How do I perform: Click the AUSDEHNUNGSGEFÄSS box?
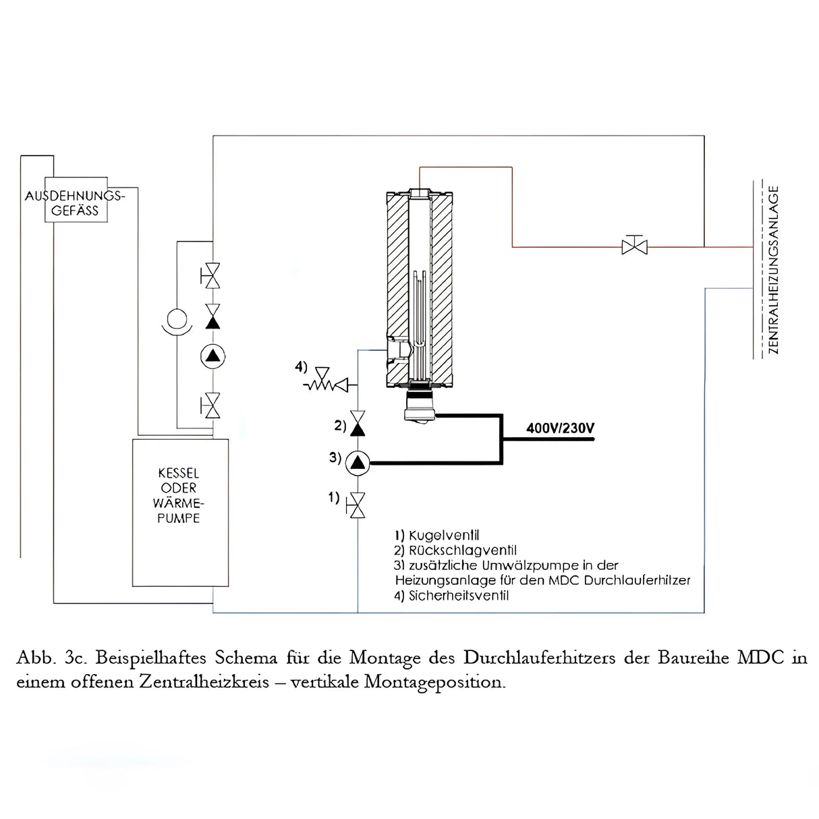[76, 201]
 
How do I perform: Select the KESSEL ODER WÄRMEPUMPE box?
[179, 513]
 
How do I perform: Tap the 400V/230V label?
[560, 428]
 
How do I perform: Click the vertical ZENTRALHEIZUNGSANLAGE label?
[773, 270]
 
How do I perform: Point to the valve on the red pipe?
[634, 246]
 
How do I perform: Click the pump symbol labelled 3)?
[358, 463]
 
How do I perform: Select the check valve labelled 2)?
[358, 425]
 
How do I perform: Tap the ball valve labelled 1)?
[358, 505]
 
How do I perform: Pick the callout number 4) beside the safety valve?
[301, 367]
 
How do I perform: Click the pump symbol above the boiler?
[213, 356]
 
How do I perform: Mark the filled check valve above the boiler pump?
[213, 317]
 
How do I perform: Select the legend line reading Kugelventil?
[437, 536]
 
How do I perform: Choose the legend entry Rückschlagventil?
[455, 550]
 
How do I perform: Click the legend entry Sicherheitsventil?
[451, 596]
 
